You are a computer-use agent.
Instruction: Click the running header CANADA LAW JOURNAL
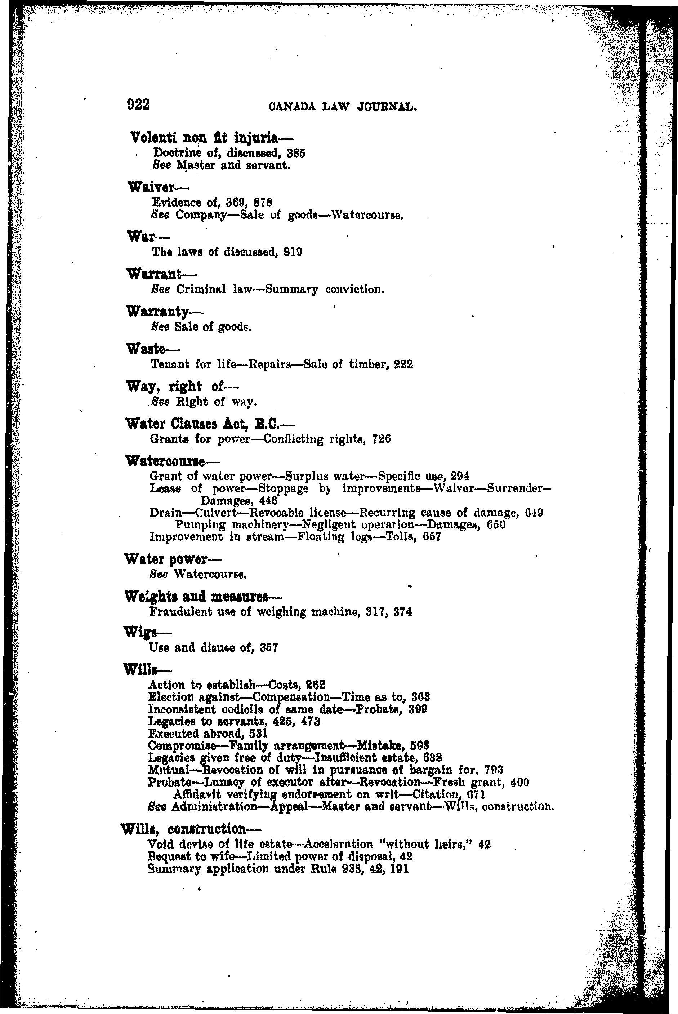click(x=343, y=106)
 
